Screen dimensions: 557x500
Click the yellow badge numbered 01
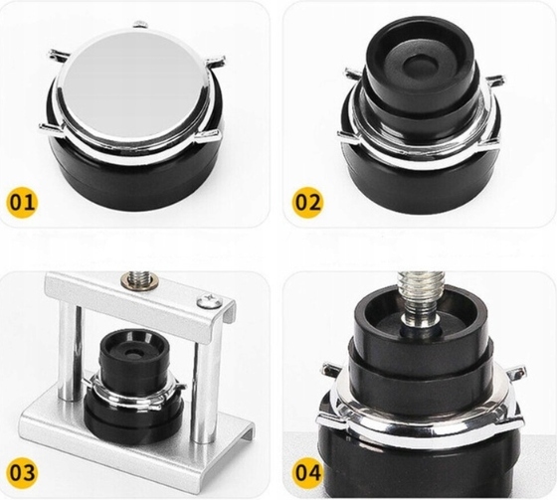[x=22, y=202]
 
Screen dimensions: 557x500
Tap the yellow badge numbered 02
[x=307, y=203]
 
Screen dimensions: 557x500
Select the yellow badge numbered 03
[x=22, y=472]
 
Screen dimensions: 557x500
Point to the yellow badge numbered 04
[x=307, y=472]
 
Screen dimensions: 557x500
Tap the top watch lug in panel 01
[x=140, y=24]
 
